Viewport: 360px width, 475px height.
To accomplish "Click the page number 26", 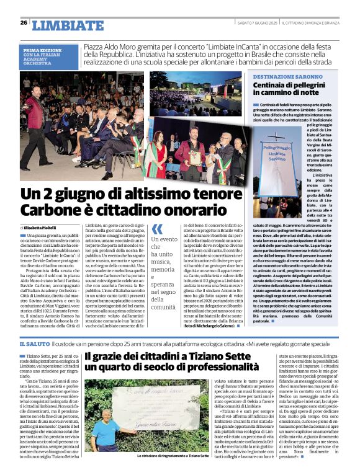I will click(x=23, y=23).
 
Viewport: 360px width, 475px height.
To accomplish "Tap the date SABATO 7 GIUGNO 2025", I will click(x=256, y=23).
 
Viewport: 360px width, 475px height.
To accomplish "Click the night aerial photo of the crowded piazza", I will click(x=196, y=92).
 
